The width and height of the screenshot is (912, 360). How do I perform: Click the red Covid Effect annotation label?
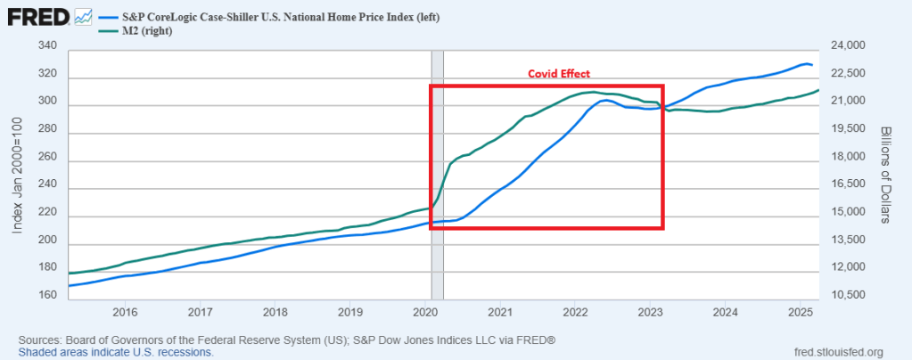[559, 73]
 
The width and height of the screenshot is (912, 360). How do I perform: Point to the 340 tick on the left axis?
[49, 45]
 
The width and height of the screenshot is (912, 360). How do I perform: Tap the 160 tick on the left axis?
[49, 295]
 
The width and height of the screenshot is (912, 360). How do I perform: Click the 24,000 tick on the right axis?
[849, 45]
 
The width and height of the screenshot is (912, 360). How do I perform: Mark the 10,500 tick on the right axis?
[849, 295]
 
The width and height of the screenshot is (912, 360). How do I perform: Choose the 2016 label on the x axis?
[125, 312]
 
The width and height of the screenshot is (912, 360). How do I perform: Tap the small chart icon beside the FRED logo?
[84, 17]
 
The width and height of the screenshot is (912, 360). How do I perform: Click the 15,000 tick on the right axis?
[849, 212]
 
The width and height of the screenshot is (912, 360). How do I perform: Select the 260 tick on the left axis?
[49, 157]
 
